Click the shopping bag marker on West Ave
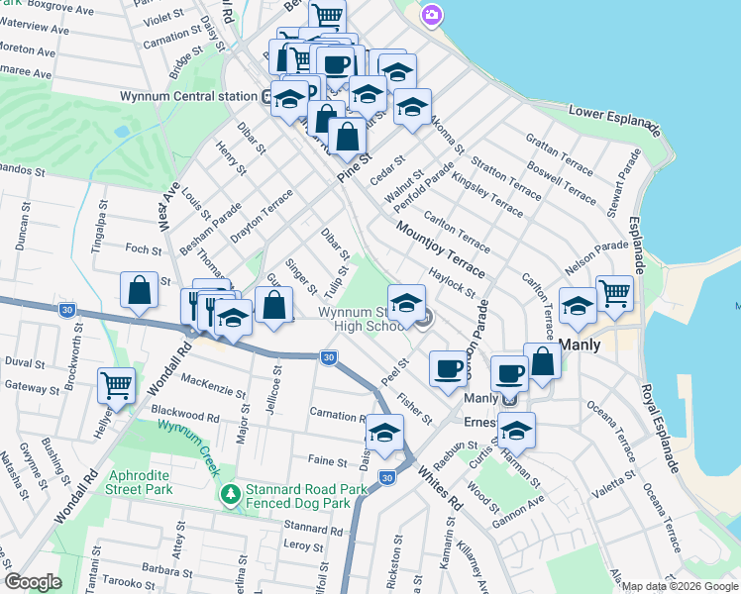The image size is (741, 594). pos(139,290)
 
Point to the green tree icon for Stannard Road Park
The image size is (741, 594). pos(231,492)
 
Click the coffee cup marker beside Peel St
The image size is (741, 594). pos(448,367)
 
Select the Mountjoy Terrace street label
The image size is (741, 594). pos(441,248)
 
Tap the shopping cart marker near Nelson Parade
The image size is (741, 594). pos(614,292)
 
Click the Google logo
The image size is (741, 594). pos(33,582)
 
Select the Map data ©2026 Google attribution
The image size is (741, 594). pos(681,586)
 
